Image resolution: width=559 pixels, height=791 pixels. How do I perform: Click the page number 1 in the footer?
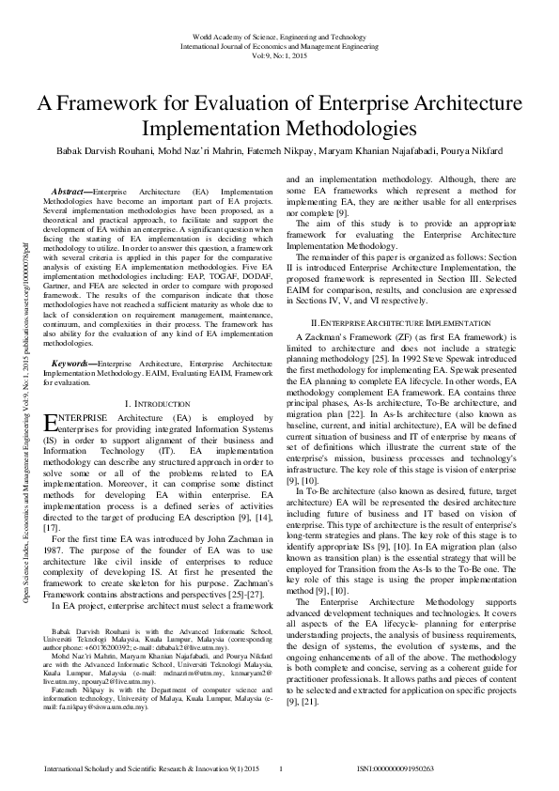(x=282, y=769)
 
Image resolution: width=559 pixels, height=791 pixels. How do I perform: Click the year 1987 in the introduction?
(x=55, y=576)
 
